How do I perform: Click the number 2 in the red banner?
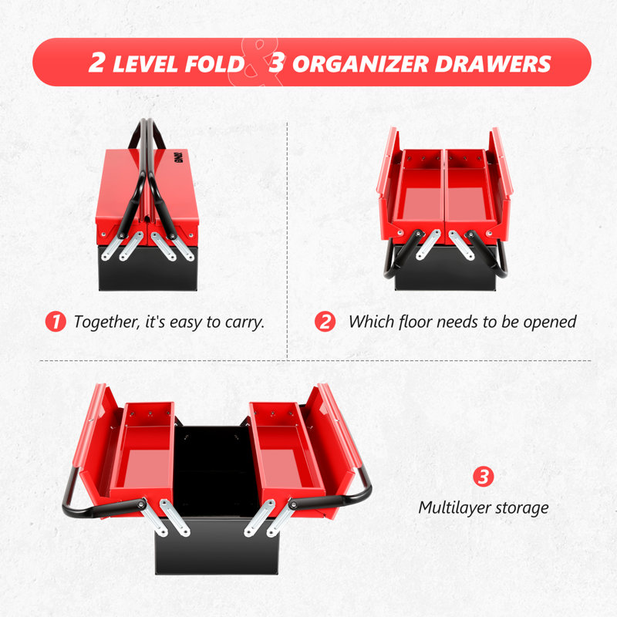click(x=97, y=62)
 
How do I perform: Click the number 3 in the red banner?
click(x=277, y=62)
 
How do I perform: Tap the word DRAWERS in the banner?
click(x=493, y=64)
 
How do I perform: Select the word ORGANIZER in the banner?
click(x=360, y=64)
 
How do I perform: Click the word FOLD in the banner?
click(x=215, y=64)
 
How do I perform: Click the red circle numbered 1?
click(x=56, y=322)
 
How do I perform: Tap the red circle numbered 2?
click(x=325, y=322)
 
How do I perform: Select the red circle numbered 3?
click(x=484, y=477)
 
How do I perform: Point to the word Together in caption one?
click(x=106, y=322)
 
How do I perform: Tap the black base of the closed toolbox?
click(x=148, y=269)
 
